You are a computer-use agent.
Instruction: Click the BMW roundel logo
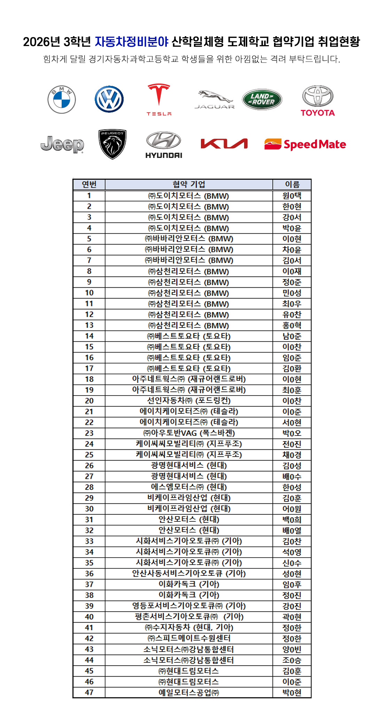(62, 99)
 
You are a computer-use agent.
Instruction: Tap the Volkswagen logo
(109, 99)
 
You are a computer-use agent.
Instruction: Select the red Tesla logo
(159, 99)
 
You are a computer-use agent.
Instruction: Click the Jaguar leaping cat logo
(214, 99)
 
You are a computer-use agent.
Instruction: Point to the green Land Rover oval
(262, 99)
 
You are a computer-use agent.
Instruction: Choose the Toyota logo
(318, 101)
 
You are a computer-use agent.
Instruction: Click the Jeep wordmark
(62, 144)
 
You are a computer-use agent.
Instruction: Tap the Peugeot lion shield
(112, 144)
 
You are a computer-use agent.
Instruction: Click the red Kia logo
(224, 144)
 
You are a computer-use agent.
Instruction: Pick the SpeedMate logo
(305, 144)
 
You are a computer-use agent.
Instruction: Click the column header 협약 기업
(189, 184)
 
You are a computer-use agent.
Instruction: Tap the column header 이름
(292, 184)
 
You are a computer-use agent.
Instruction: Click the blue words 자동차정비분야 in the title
(132, 42)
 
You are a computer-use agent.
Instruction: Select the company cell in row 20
(189, 401)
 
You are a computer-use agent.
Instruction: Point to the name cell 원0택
(292, 195)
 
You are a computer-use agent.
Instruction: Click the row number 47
(89, 692)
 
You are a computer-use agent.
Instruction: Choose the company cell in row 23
(189, 433)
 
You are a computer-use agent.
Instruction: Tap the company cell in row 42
(189, 638)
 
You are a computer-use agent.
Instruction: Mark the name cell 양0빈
(292, 649)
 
